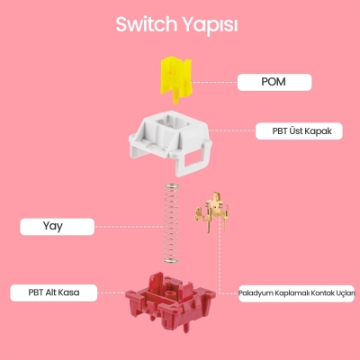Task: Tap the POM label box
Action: click(274, 83)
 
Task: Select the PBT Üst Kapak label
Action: click(296, 130)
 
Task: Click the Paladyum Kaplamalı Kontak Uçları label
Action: click(297, 292)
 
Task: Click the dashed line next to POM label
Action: click(216, 83)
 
